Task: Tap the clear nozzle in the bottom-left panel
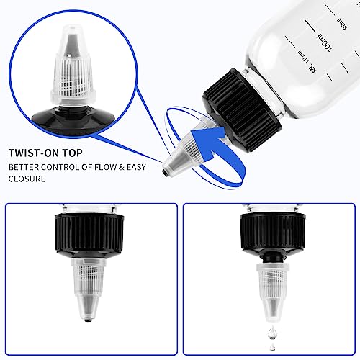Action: pos(91,288)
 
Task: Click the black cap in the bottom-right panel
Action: pos(269,235)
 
